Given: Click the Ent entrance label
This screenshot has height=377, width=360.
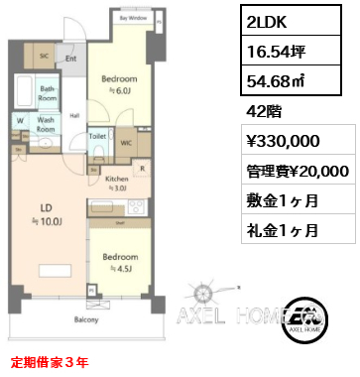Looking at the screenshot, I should click(x=71, y=59).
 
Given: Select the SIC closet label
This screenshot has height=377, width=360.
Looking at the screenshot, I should click(x=45, y=57).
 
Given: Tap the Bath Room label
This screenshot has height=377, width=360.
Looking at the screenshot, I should click(x=47, y=94).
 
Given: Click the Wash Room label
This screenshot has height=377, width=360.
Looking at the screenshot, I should click(x=46, y=125).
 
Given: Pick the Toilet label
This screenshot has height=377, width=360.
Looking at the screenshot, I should click(x=98, y=138).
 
